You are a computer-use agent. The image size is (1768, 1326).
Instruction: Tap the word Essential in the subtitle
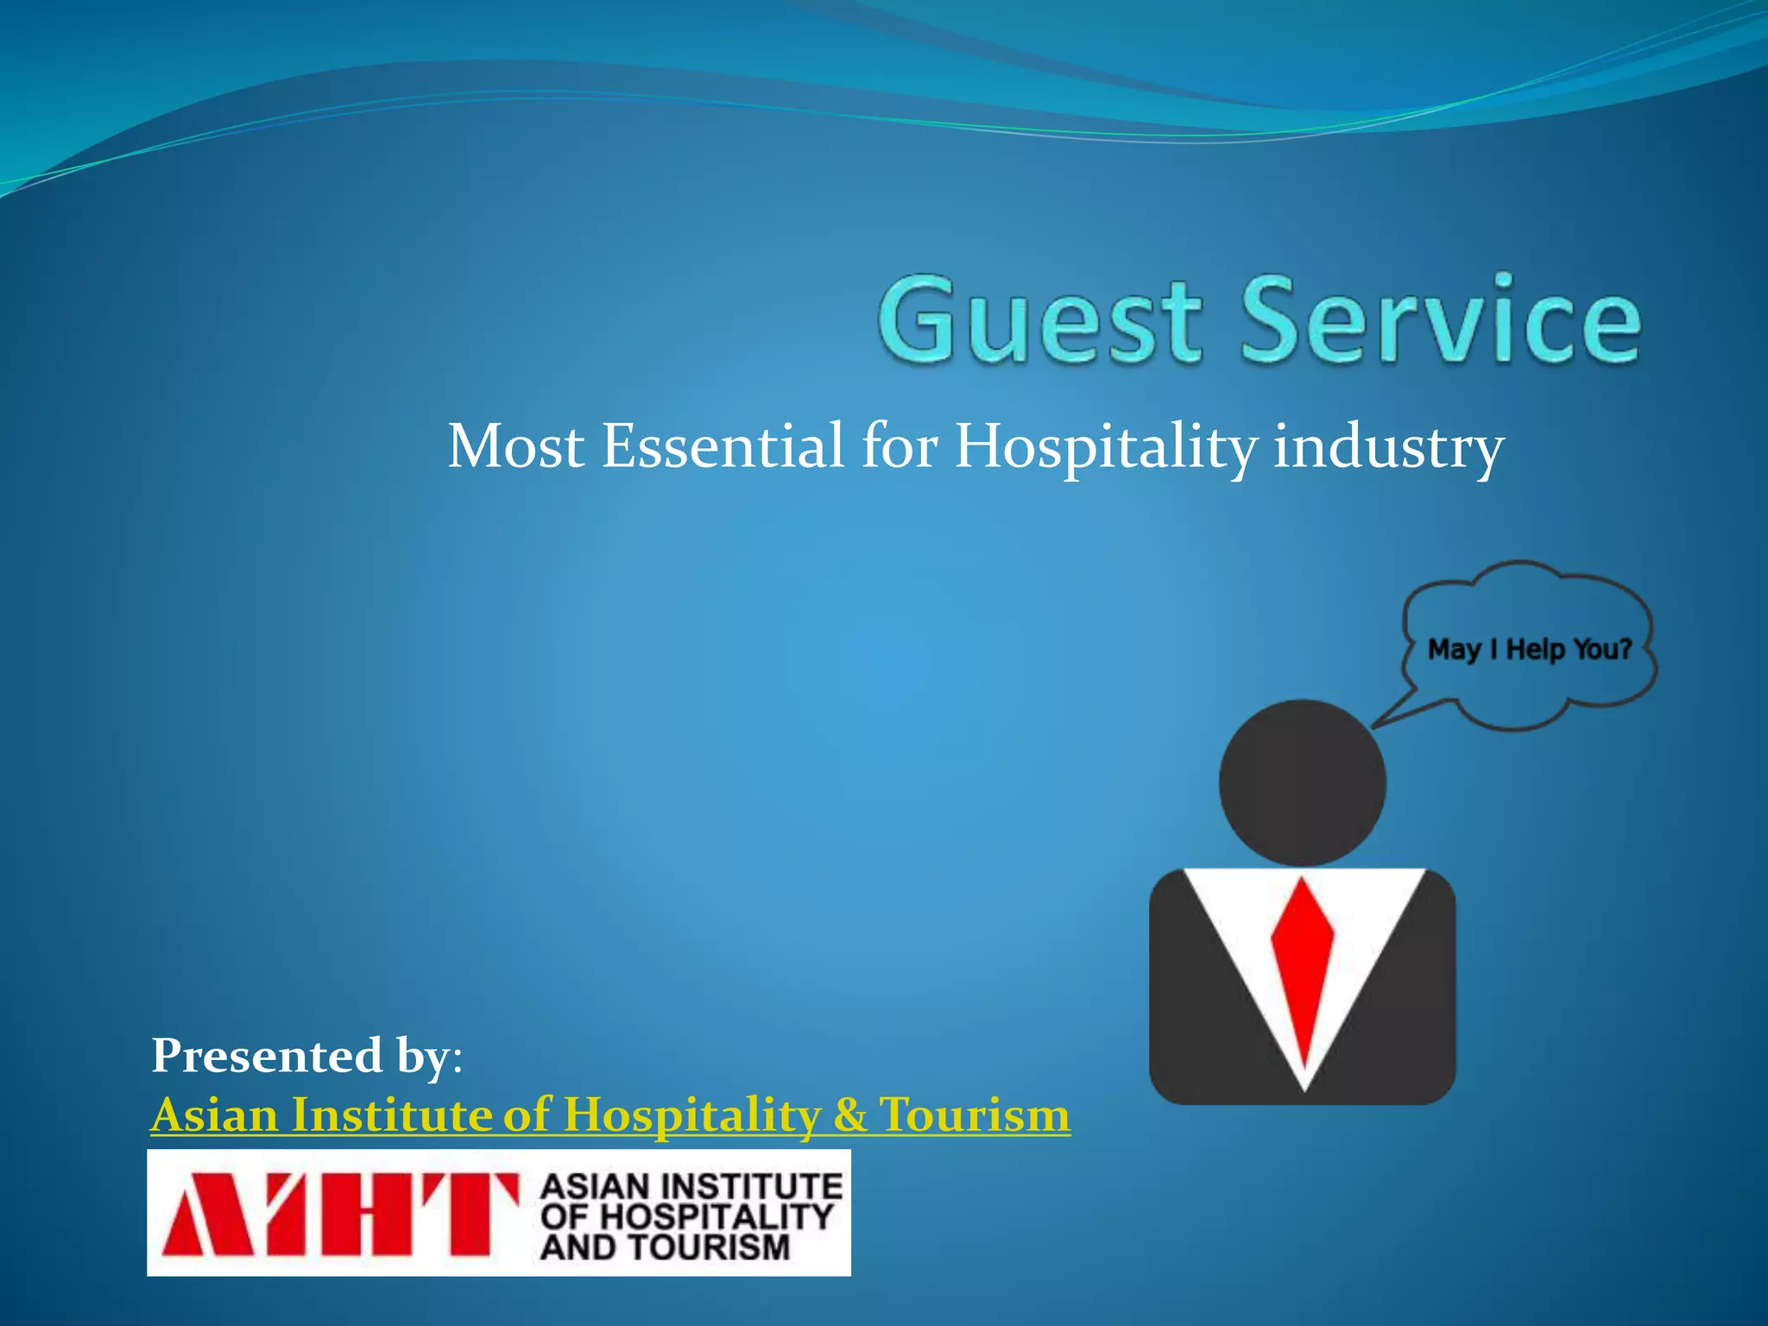[722, 446]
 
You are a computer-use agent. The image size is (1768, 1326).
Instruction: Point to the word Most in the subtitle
[515, 446]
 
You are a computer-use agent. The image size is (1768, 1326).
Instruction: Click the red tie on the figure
[1302, 967]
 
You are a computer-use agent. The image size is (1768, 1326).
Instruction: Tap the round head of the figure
[1302, 782]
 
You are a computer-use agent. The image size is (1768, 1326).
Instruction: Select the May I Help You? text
[1529, 649]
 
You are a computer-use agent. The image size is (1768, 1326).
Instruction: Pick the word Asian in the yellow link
[215, 1114]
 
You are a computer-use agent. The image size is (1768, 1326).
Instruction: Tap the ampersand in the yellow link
[849, 1114]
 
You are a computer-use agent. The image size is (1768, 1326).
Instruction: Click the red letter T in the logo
[470, 1213]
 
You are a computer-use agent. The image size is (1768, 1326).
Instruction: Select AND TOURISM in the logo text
[665, 1247]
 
